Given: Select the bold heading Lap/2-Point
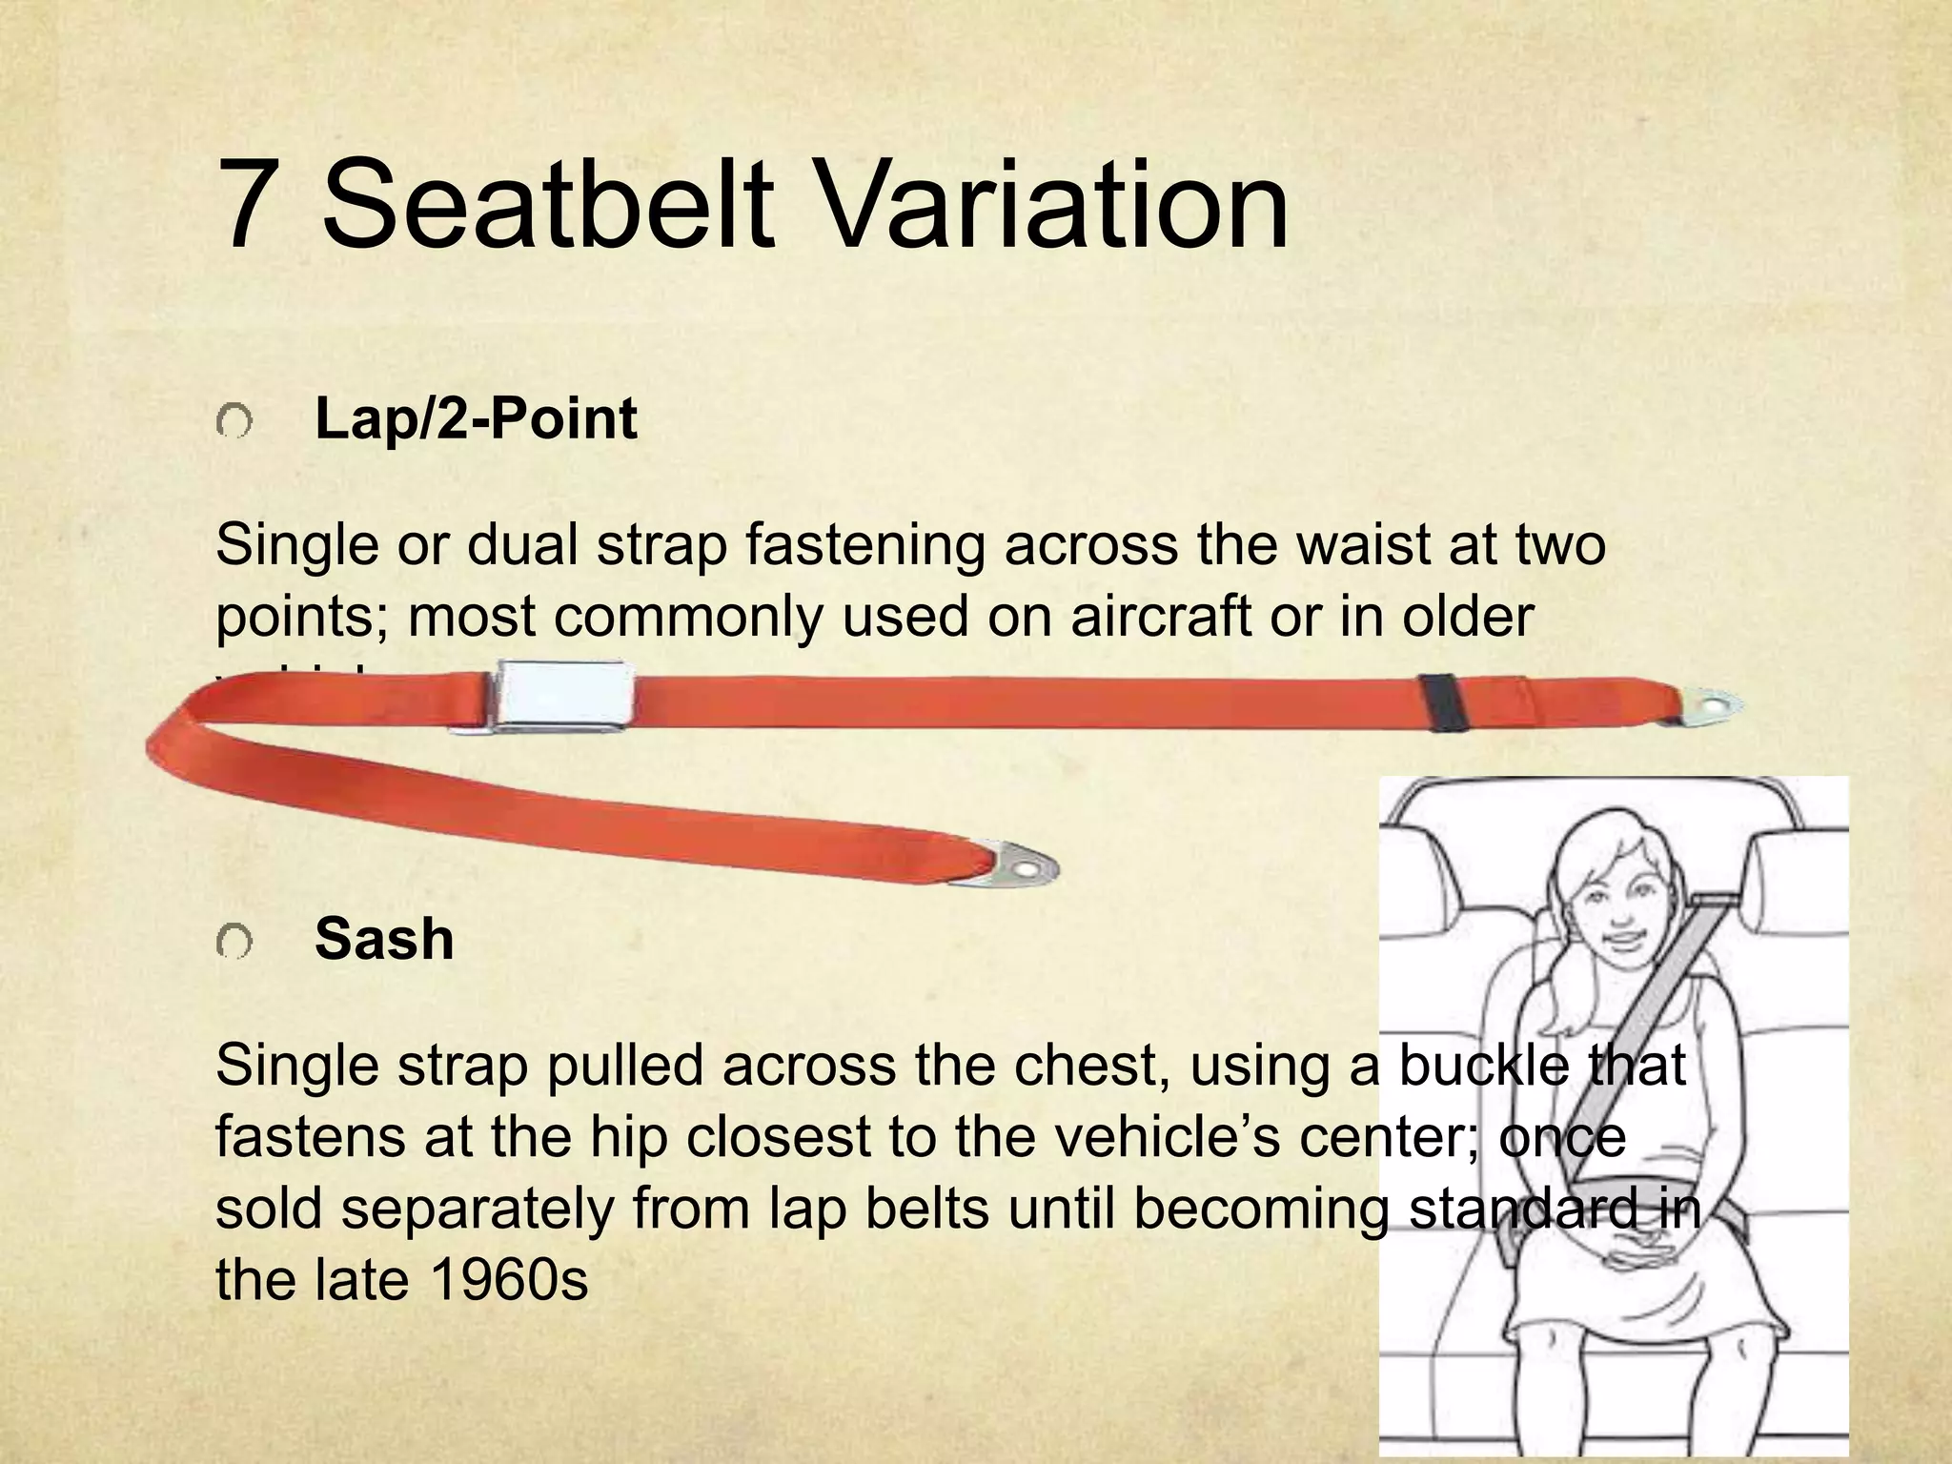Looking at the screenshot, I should tap(475, 419).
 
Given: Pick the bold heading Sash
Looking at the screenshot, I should tap(384, 940).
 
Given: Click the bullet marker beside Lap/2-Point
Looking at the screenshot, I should tap(234, 421).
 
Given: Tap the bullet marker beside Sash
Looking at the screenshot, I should tap(234, 943).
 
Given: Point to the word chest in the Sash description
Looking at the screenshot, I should tap(1089, 1065).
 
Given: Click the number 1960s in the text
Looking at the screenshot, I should tap(510, 1280).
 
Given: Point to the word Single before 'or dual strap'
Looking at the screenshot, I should tap(297, 545).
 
